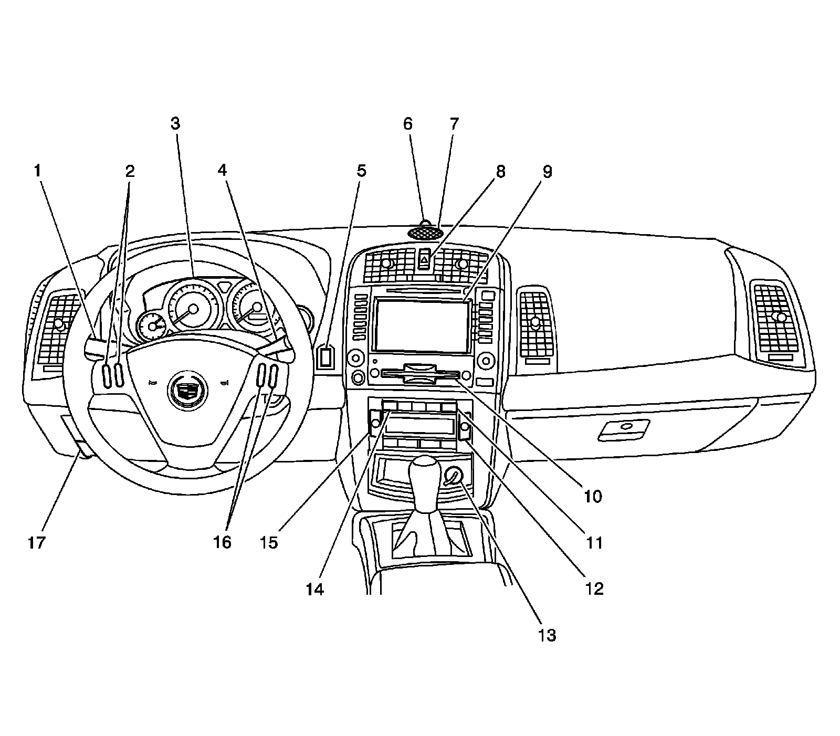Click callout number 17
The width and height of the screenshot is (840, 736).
coord(37,542)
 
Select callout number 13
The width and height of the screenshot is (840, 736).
coord(547,635)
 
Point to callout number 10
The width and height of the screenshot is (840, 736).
coord(593,496)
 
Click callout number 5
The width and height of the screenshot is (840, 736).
coord(361,171)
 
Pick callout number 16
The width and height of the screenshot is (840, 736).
coord(223,542)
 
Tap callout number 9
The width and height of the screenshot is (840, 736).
coord(547,171)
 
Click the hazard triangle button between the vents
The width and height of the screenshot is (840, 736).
coord(425,259)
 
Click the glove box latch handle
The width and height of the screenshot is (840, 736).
coord(625,428)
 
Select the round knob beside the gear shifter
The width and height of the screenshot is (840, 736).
coord(453,476)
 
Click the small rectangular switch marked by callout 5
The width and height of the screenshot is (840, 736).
coord(325,357)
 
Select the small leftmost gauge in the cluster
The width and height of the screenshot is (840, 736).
coord(152,327)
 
